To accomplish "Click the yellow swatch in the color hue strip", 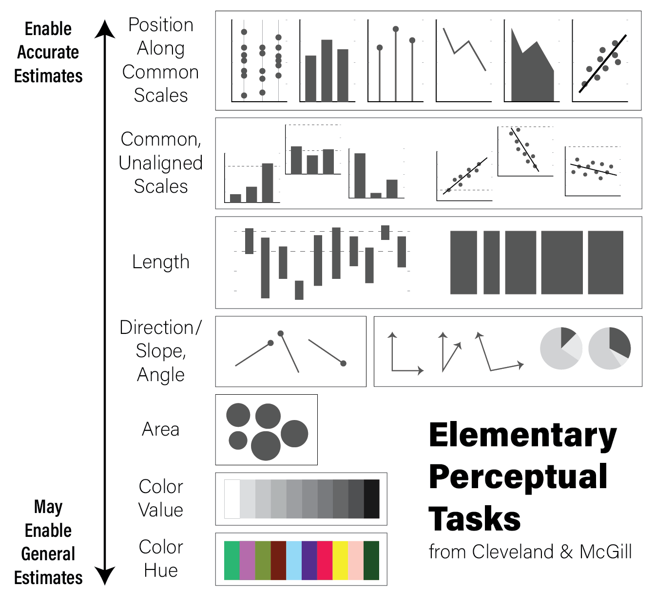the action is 340,560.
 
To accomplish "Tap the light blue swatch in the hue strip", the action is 294,560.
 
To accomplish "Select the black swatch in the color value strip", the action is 372,499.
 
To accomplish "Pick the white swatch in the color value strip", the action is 232,499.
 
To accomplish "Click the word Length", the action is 161,262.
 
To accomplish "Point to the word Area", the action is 161,429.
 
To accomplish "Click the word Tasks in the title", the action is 475,518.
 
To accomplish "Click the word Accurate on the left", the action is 48,52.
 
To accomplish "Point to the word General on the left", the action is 48,553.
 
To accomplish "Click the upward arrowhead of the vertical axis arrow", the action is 105,29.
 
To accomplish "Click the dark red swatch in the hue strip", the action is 278,560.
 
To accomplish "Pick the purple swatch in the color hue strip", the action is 309,560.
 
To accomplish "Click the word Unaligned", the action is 161,163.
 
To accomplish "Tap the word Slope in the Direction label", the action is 161,350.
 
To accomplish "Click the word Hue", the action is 161,570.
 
